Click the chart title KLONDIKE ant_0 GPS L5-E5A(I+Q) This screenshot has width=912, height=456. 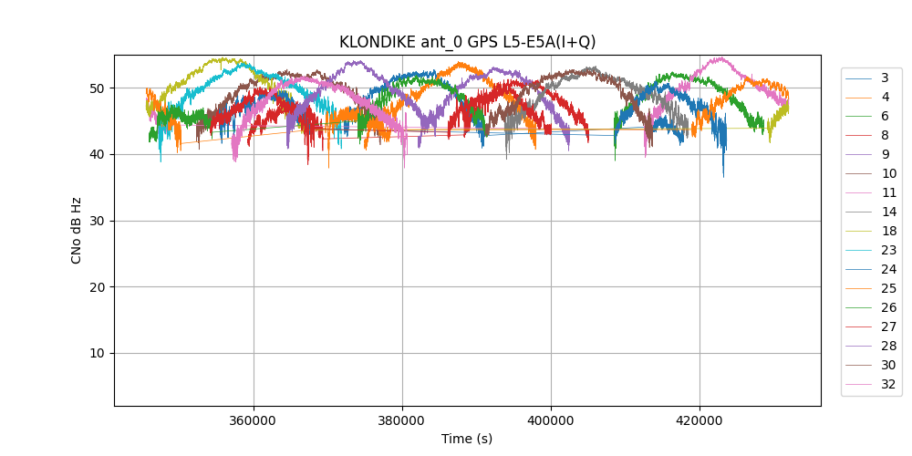(467, 42)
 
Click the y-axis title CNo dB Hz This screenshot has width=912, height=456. (77, 230)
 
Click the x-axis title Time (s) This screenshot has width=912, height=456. (467, 439)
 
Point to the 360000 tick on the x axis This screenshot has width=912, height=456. (254, 420)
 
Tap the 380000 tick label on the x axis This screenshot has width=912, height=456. (402, 420)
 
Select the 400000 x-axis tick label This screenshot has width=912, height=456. (551, 420)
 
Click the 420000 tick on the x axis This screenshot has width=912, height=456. (700, 420)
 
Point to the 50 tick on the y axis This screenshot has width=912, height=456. (98, 88)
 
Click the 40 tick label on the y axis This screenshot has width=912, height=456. (98, 154)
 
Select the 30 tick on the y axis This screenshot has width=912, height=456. (98, 221)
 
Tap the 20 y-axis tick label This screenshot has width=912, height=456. (98, 287)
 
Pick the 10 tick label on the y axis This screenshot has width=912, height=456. (98, 354)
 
